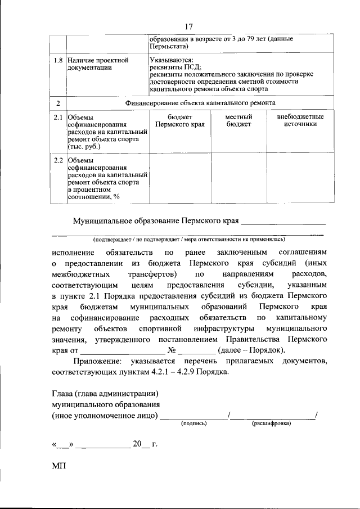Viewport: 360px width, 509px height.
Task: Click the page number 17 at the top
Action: (188, 26)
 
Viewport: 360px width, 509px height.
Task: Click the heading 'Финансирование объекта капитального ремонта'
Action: (199, 103)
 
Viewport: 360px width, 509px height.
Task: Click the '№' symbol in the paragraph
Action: (165, 350)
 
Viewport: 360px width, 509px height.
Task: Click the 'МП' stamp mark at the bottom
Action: (58, 467)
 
